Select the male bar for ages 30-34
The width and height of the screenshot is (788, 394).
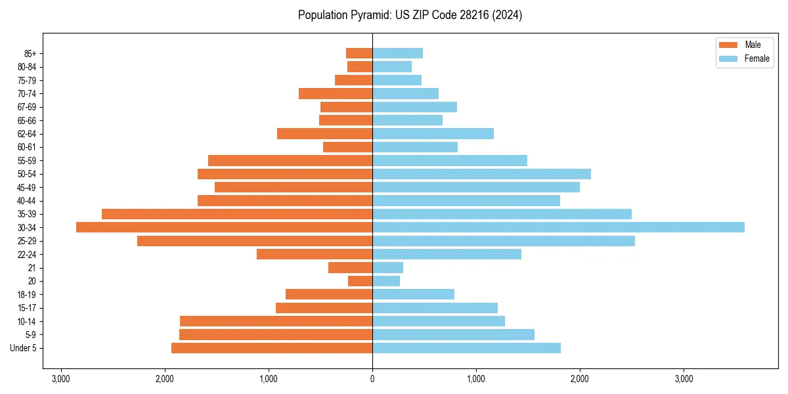click(x=224, y=227)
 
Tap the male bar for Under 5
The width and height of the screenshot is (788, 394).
click(x=272, y=348)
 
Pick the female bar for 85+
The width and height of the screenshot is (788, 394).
click(x=397, y=53)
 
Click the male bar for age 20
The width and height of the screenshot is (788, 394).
click(x=360, y=281)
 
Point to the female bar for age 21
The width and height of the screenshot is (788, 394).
click(x=387, y=268)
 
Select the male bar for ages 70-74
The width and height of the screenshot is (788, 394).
click(x=336, y=93)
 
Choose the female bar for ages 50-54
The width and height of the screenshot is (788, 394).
click(x=481, y=174)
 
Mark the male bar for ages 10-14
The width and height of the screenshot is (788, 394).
click(x=276, y=321)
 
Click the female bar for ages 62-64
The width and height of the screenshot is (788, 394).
click(x=433, y=133)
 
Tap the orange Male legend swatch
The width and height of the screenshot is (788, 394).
click(x=728, y=45)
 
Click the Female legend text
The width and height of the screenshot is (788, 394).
click(x=756, y=58)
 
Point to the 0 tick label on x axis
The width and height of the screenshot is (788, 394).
click(x=372, y=379)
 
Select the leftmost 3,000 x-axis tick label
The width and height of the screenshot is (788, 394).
click(x=60, y=379)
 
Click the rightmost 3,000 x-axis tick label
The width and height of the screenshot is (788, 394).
click(x=684, y=379)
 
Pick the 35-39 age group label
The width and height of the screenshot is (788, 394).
click(x=27, y=214)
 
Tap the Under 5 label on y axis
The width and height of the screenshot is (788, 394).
click(x=23, y=348)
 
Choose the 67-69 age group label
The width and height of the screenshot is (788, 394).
click(x=27, y=107)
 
